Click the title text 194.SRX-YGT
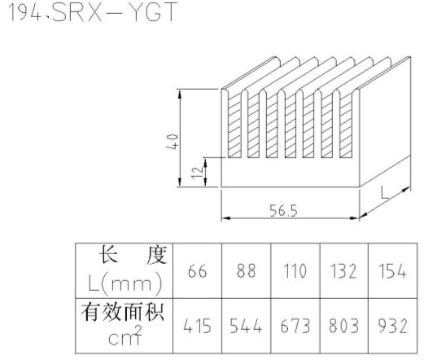pyautogui.click(x=93, y=12)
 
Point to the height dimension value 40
pyautogui.click(x=173, y=141)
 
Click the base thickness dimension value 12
pyautogui.click(x=197, y=173)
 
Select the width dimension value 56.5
pyautogui.click(x=283, y=211)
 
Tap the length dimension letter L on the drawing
pyautogui.click(x=385, y=192)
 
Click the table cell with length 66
pyautogui.click(x=197, y=270)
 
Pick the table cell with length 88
pyautogui.click(x=246, y=270)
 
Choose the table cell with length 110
pyautogui.click(x=295, y=270)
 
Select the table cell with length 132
pyautogui.click(x=343, y=270)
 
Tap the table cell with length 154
pyautogui.click(x=392, y=270)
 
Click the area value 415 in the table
pyautogui.click(x=197, y=326)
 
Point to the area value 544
pyautogui.click(x=246, y=326)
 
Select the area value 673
pyautogui.click(x=295, y=326)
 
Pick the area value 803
pyautogui.click(x=343, y=326)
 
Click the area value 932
pyautogui.click(x=392, y=326)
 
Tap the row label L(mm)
pyautogui.click(x=125, y=284)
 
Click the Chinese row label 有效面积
pyautogui.click(x=123, y=312)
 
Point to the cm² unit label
pyautogui.click(x=125, y=336)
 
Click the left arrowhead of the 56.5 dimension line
pyautogui.click(x=226, y=218)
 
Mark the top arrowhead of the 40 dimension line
pyautogui.click(x=180, y=94)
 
